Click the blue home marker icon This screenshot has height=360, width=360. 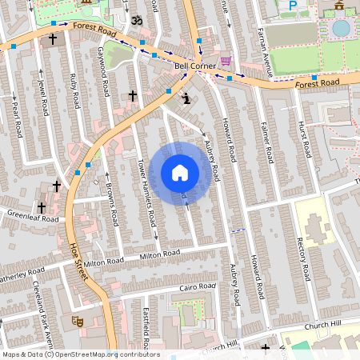pos(180,173)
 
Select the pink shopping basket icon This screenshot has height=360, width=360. pos(226,61)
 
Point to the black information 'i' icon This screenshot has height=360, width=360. pos(186,99)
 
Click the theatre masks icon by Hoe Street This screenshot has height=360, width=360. pos(78,320)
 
